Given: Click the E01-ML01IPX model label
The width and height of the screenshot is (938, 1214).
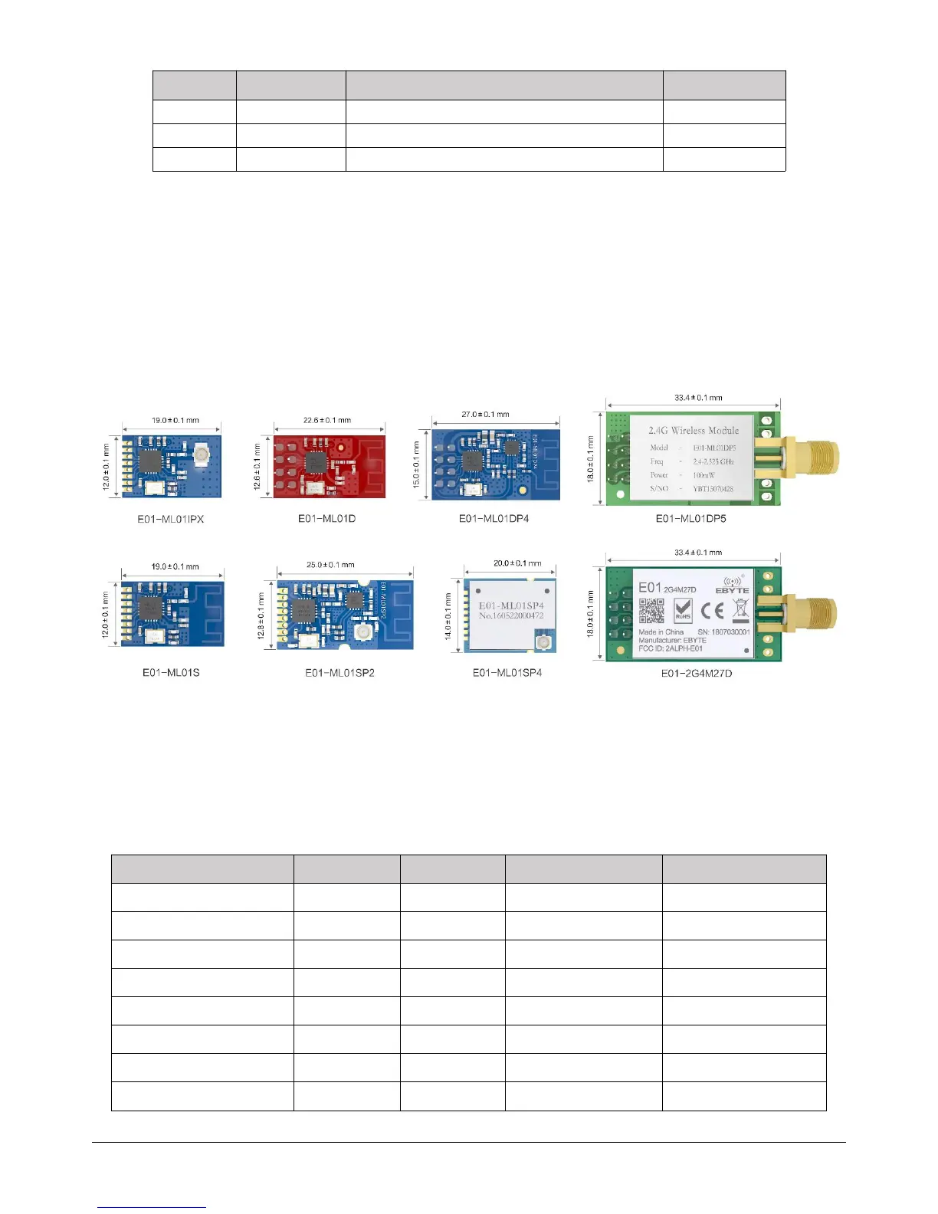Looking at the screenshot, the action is (171, 519).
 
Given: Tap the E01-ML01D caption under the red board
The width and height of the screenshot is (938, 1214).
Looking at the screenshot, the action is (327, 518).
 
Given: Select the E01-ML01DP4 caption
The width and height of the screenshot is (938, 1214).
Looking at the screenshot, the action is (494, 518).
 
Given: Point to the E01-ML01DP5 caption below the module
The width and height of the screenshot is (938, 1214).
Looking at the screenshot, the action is (690, 518).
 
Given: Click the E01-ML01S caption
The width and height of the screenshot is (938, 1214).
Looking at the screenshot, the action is (171, 672).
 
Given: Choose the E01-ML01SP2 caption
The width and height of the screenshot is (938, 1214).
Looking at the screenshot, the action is (339, 672).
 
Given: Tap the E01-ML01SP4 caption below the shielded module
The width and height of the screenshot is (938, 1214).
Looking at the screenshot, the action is (507, 672).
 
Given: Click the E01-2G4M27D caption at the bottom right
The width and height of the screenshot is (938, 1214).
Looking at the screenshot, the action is (696, 673).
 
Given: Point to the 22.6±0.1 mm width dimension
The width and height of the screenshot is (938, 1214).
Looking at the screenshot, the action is (327, 420).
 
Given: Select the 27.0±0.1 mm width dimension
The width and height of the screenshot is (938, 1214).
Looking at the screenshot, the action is (485, 414).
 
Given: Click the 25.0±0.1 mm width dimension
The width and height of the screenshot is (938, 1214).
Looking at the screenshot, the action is (330, 565).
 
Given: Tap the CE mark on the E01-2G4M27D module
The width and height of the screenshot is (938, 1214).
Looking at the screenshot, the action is (712, 610).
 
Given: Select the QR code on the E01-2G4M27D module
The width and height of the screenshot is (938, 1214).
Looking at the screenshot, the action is (652, 611).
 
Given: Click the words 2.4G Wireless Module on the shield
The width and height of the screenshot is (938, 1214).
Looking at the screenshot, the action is (694, 431).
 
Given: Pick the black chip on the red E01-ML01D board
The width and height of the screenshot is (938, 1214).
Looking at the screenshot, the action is (315, 462).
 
